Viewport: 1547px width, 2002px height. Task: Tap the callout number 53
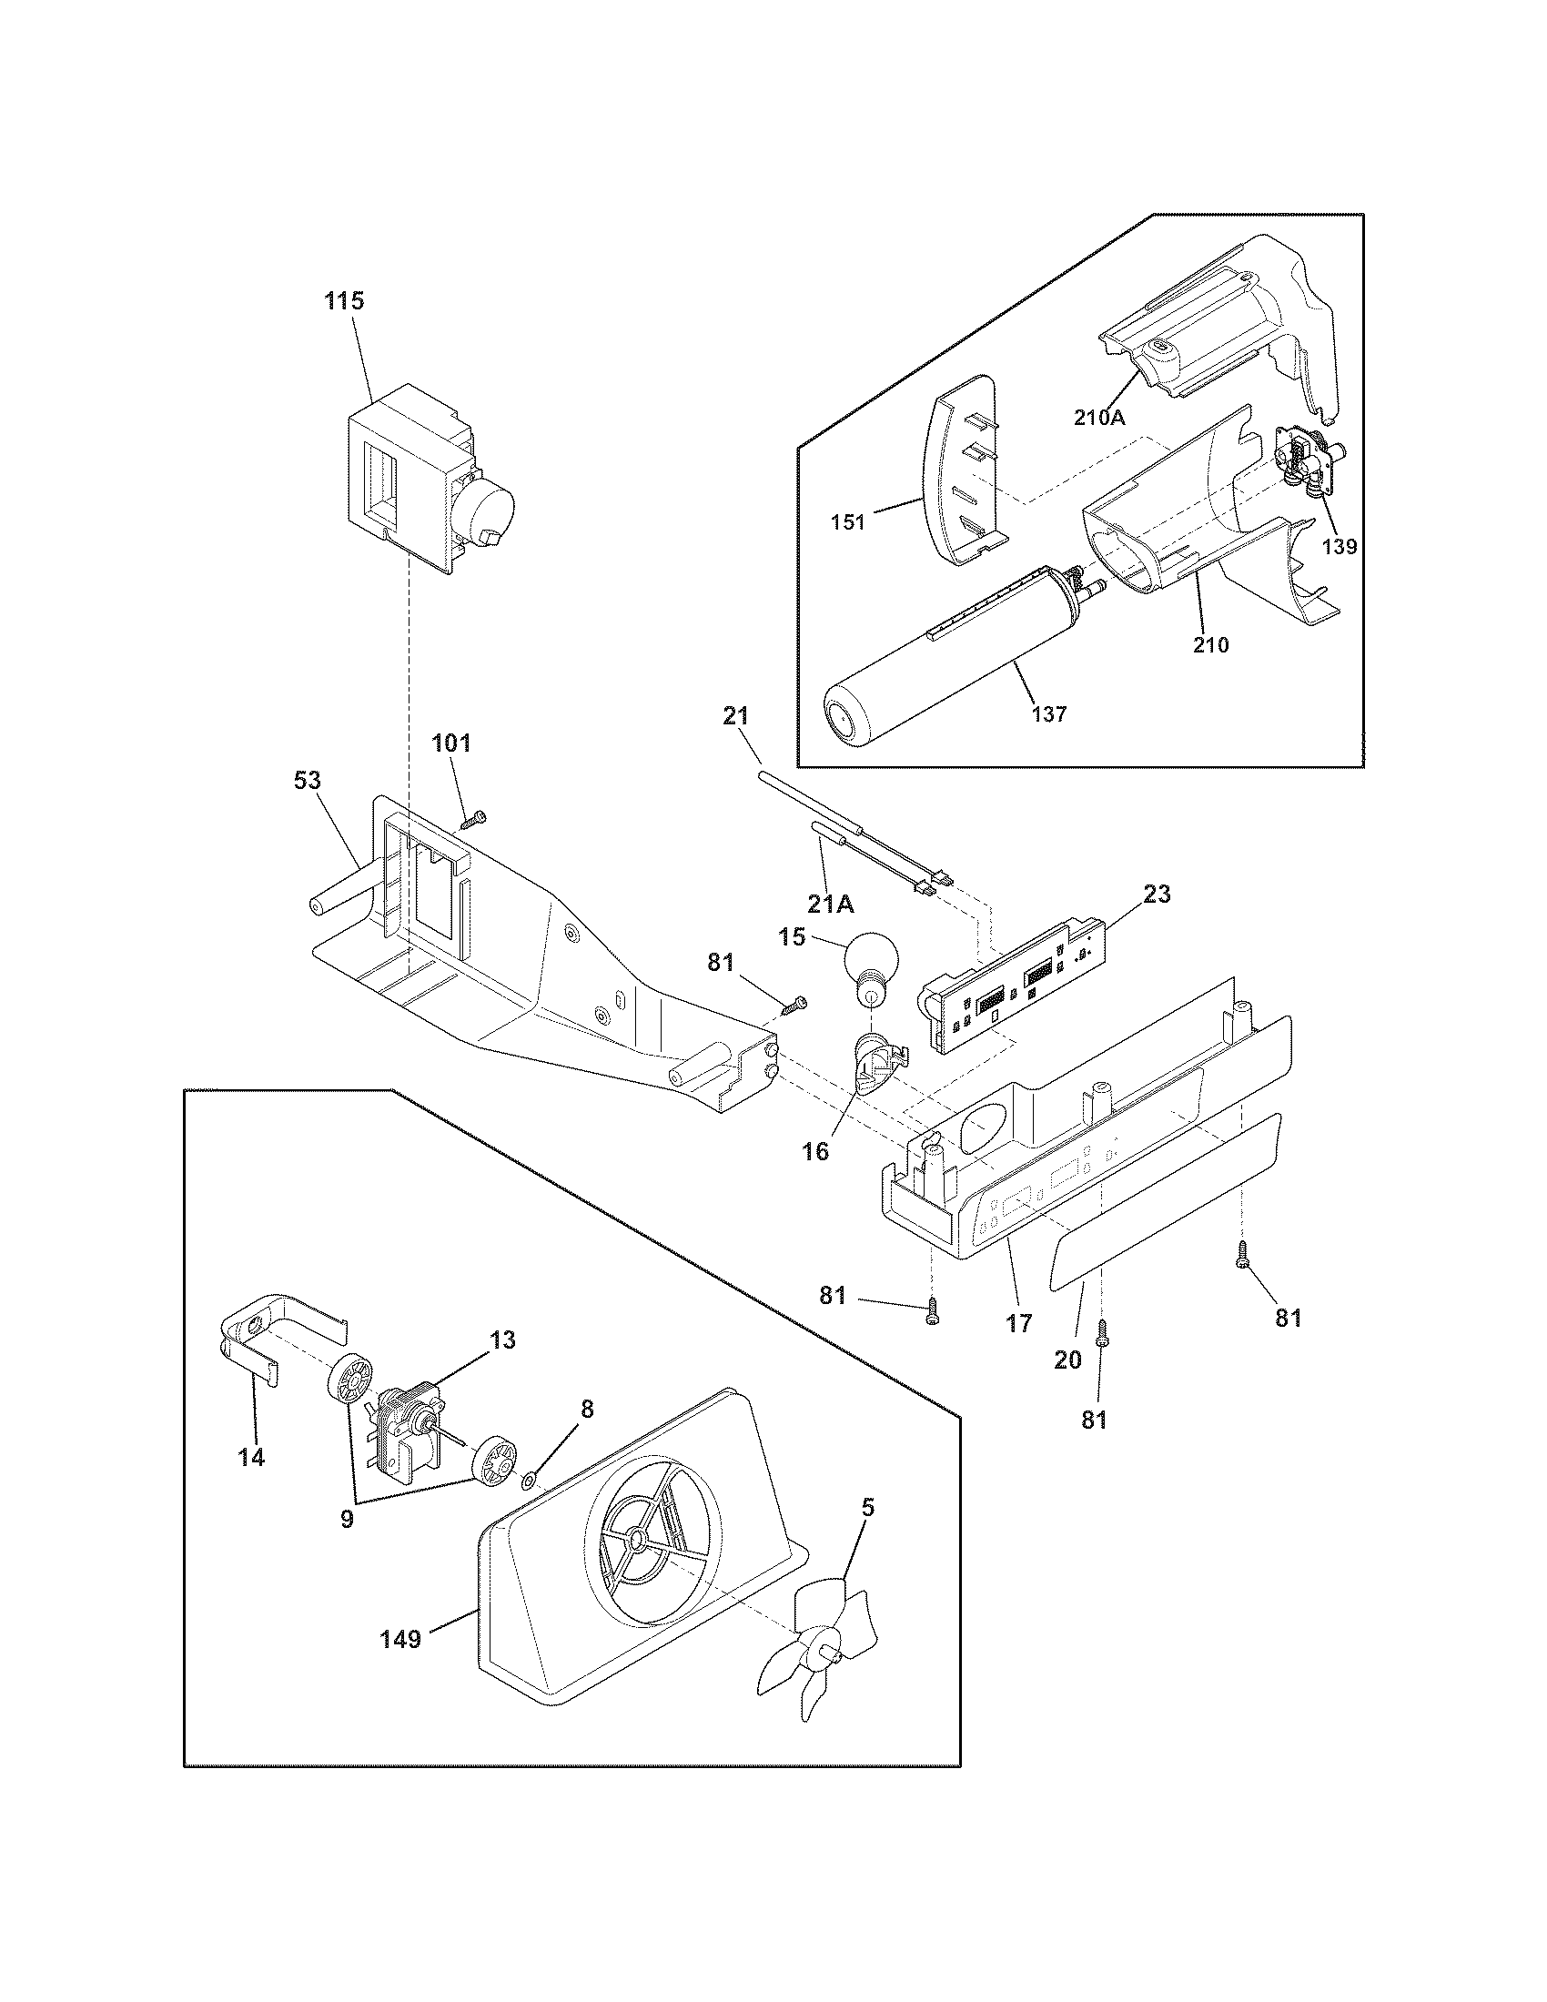tap(307, 780)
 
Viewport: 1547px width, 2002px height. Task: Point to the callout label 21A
tap(832, 904)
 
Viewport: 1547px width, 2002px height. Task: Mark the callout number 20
tap(1067, 1360)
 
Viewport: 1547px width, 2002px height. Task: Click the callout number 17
tap(1018, 1323)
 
